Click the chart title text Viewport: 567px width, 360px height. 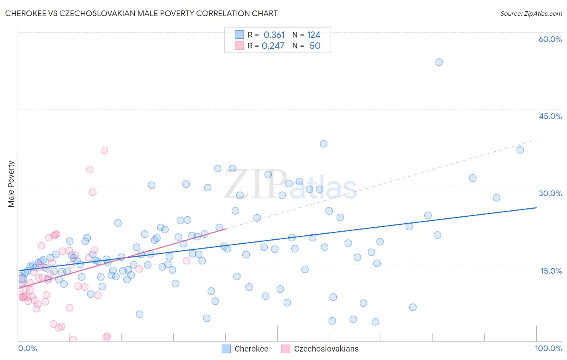click(142, 13)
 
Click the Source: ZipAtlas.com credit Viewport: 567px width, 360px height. click(531, 13)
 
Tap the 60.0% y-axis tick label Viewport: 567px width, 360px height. click(550, 39)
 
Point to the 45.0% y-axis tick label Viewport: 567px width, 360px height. click(550, 116)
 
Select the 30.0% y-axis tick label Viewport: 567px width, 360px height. click(550, 193)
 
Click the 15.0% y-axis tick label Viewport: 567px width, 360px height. click(551, 271)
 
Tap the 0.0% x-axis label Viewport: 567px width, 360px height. click(27, 348)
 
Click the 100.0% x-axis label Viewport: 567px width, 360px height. click(548, 348)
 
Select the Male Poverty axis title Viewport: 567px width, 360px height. click(11, 184)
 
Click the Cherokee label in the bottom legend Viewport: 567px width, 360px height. click(251, 349)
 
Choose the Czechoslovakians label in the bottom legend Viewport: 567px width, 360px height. click(326, 349)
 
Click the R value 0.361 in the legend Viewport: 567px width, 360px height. click(274, 35)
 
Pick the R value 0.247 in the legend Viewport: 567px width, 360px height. click(273, 46)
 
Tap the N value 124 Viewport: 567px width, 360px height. click(313, 35)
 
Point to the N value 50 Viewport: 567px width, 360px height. click(315, 46)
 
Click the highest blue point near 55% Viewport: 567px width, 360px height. click(439, 62)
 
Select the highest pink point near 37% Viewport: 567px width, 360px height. click(104, 150)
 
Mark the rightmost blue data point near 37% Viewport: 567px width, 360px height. click(520, 150)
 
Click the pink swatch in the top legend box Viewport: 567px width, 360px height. click(239, 46)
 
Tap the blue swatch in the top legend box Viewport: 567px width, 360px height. click(239, 35)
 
